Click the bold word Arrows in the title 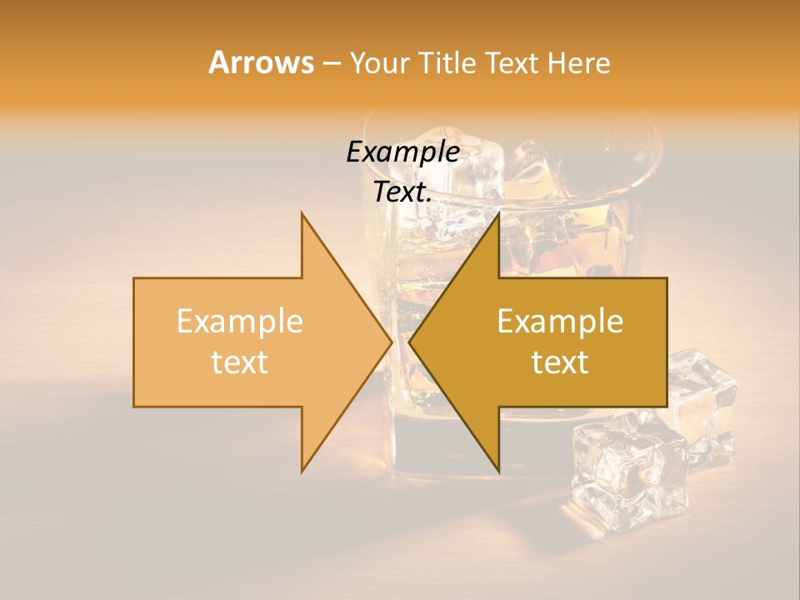click(x=262, y=62)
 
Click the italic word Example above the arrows click(x=402, y=152)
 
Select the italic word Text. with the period click(x=402, y=192)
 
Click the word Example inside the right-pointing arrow click(x=240, y=321)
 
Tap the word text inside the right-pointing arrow click(x=240, y=362)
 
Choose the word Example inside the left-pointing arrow click(x=560, y=321)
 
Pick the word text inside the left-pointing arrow click(x=560, y=362)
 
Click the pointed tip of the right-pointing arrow click(x=391, y=342)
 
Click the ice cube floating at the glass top click(x=475, y=167)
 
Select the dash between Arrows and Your click(x=331, y=63)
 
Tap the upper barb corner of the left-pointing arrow click(x=498, y=215)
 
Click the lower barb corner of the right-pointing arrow click(x=302, y=470)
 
